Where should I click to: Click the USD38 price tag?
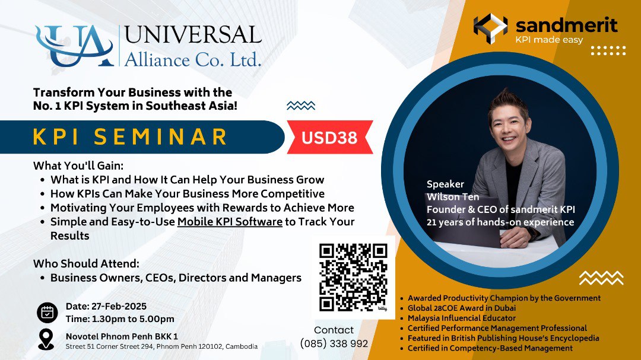click(x=330, y=138)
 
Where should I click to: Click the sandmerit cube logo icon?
click(x=490, y=29)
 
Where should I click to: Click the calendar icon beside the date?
click(x=47, y=313)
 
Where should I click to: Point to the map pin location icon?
click(x=46, y=339)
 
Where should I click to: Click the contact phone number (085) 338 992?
click(x=334, y=343)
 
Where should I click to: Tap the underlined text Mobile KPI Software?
click(x=230, y=222)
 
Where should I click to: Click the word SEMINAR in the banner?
click(x=161, y=137)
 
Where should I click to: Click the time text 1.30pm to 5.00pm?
click(x=120, y=319)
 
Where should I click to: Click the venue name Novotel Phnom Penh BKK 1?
click(x=122, y=336)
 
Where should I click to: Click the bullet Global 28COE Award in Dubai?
click(x=461, y=308)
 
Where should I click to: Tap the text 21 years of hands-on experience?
click(x=500, y=222)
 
